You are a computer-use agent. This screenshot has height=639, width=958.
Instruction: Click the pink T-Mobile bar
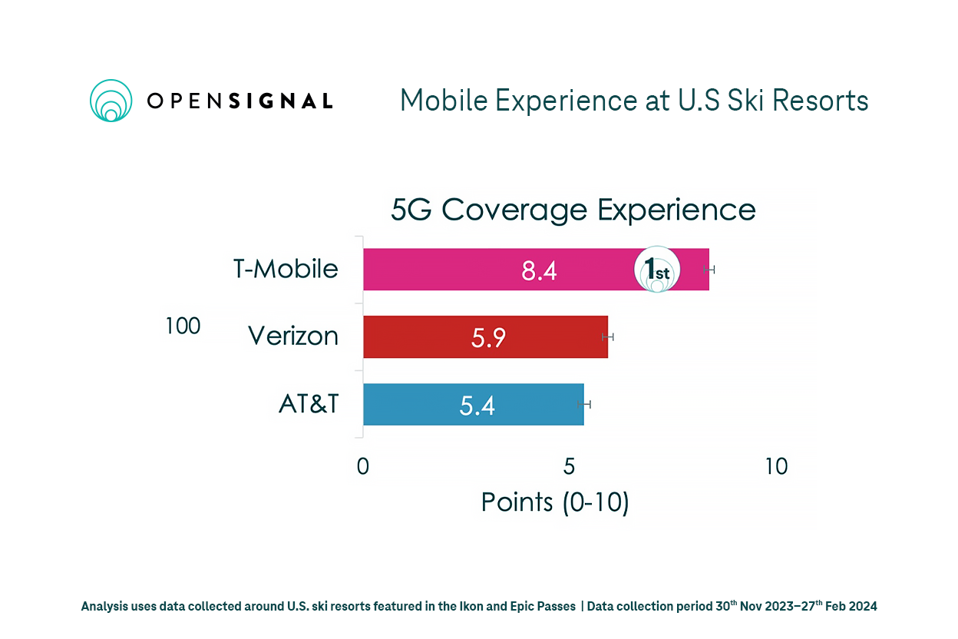461,270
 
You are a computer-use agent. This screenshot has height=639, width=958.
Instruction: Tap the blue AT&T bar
415,404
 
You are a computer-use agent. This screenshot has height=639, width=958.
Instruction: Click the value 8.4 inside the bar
539,270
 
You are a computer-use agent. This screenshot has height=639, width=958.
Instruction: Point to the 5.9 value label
488,338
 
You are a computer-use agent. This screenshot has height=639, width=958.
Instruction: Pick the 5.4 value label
477,405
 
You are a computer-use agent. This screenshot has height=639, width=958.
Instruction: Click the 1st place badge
656,270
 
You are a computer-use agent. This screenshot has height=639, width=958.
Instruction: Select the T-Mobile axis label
286,269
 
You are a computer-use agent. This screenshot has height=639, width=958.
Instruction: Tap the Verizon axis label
292,336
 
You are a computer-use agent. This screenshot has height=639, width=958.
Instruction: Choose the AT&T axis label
308,404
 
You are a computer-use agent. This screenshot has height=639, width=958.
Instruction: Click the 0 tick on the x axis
363,466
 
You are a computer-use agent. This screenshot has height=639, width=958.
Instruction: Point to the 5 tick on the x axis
570,466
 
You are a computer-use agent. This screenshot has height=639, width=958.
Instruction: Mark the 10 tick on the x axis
776,466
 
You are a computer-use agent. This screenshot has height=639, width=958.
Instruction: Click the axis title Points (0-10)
555,502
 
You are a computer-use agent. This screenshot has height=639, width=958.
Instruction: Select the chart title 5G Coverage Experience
573,210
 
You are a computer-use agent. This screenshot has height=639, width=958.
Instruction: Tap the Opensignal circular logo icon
111,101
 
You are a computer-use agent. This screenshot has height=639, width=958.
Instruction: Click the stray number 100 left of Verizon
183,326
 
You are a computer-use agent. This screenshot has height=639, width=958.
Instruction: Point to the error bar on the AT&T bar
585,404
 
